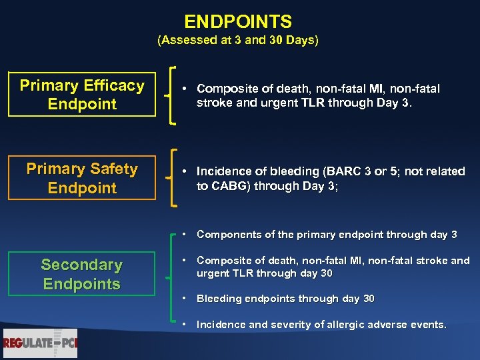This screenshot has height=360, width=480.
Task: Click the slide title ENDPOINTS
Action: (x=238, y=22)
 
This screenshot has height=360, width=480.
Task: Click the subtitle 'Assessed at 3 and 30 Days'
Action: (x=238, y=41)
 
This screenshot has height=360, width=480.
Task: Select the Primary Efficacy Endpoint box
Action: (x=82, y=95)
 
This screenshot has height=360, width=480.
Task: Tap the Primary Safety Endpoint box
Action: (x=82, y=178)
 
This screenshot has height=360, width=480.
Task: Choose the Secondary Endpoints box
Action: (x=82, y=274)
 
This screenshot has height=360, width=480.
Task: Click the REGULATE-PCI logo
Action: (x=40, y=343)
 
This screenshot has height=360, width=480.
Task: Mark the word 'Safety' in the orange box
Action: (x=113, y=169)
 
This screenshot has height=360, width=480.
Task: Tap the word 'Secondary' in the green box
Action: (x=82, y=265)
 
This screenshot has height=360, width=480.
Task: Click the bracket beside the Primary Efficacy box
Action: (x=173, y=95)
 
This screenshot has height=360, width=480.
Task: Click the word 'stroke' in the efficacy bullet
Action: (x=212, y=103)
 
